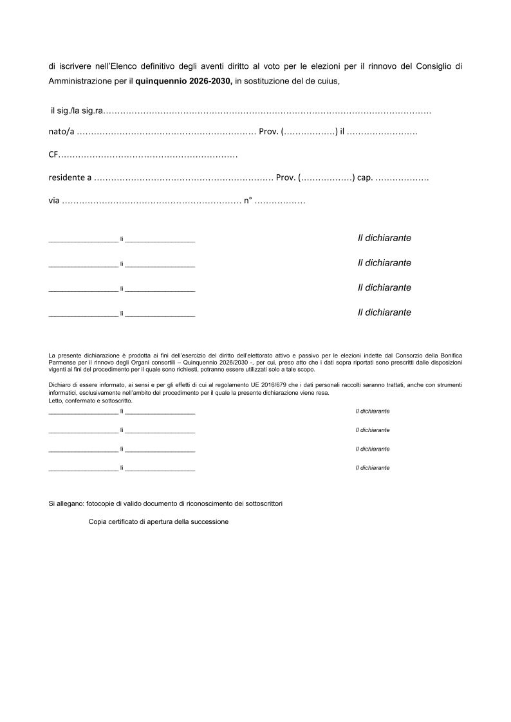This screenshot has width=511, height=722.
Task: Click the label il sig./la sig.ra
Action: point(76,112)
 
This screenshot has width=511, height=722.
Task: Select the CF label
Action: point(53,155)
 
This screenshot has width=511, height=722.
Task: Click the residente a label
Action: point(70,177)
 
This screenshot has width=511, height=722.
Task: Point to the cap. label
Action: point(365,177)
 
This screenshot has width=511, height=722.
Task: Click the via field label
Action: point(54,200)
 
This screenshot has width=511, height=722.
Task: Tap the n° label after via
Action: point(248,200)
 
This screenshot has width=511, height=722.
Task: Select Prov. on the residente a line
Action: point(286,177)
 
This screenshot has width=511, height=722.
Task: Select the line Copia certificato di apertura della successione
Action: point(158,521)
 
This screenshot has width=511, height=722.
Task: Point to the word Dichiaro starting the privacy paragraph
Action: point(59,384)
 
